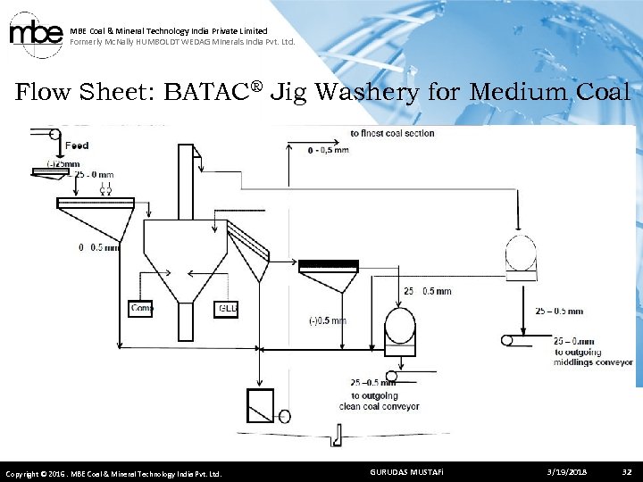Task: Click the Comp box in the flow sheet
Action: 141,308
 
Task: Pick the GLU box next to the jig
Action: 227,308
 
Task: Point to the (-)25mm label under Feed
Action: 63,163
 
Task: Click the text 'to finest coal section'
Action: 392,134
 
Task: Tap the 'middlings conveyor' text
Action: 593,362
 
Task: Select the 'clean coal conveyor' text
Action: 380,406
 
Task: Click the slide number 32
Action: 626,471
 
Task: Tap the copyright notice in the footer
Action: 113,472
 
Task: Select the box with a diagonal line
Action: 260,405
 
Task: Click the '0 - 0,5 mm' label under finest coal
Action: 328,150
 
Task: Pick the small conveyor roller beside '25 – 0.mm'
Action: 507,340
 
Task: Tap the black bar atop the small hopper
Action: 328,265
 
